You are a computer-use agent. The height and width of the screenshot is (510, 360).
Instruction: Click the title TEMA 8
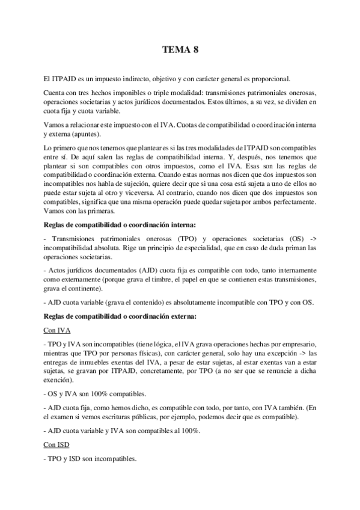tap(180, 51)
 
